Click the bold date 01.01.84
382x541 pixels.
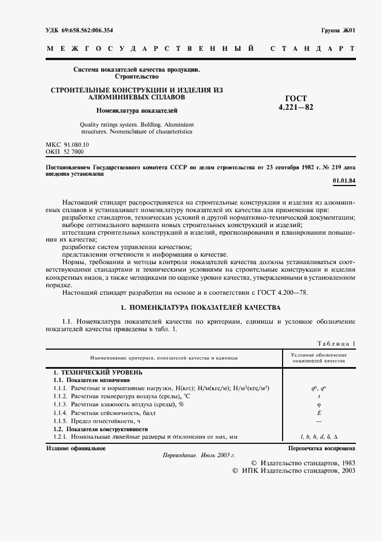point(344,181)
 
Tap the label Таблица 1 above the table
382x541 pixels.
point(336,343)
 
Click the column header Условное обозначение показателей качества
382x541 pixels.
point(319,357)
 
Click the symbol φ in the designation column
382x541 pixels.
point(319,405)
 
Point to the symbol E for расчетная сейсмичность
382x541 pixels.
point(319,413)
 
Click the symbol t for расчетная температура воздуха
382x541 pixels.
point(319,397)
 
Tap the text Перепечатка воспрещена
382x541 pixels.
point(322,448)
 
